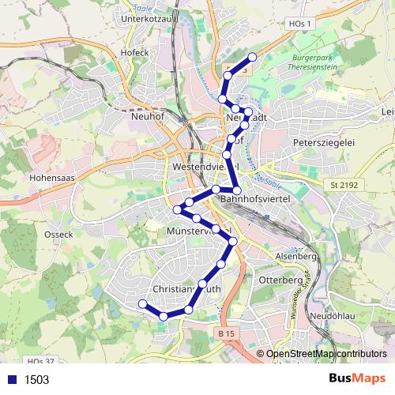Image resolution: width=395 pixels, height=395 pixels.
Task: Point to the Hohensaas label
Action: [x=52, y=178]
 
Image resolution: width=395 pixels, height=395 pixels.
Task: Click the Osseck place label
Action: [x=59, y=234]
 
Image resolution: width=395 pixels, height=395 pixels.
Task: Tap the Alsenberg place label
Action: [x=295, y=257]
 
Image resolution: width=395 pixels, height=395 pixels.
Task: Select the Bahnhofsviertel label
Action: [x=257, y=200]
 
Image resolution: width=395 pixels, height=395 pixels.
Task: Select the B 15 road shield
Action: [x=226, y=334]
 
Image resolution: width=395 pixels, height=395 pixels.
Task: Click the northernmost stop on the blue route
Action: [x=253, y=57]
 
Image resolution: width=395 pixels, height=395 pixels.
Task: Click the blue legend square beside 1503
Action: [x=13, y=379]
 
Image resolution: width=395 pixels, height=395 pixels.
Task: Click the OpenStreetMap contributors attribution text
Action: [x=325, y=354]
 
